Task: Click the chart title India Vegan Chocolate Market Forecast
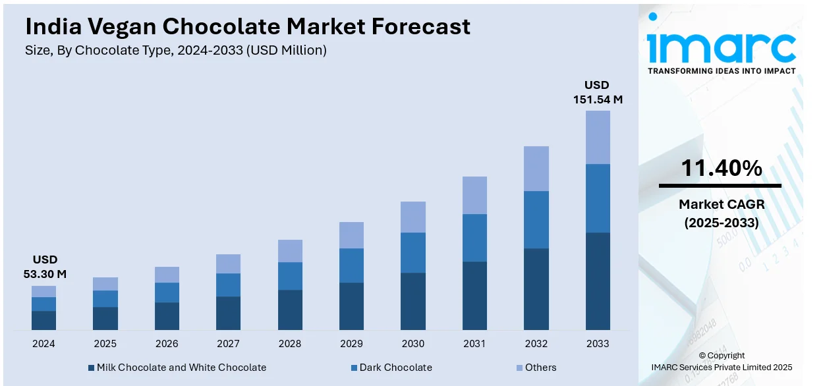[248, 26]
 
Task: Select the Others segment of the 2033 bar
[598, 137]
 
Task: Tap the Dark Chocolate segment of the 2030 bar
[413, 252]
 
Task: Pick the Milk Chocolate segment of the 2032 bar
[536, 289]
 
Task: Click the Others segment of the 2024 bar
[43, 291]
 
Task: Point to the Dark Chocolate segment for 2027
[228, 285]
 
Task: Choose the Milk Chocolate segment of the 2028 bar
[290, 310]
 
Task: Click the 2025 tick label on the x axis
[105, 344]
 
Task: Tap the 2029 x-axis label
[351, 344]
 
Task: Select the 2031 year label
[474, 344]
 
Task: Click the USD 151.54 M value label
[597, 92]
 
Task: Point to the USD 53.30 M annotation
[45, 267]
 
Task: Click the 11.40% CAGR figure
[721, 169]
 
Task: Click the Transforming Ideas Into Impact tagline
[721, 70]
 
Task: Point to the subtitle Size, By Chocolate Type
[175, 50]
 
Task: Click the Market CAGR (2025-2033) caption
[721, 214]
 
